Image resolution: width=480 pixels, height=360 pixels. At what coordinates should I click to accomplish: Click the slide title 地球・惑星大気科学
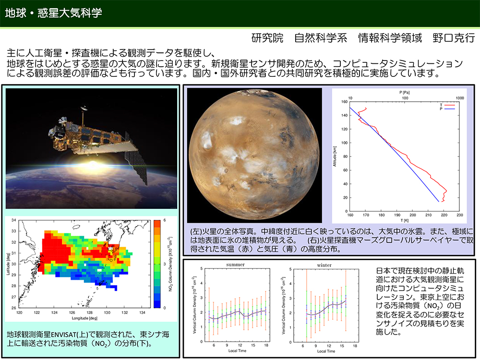[x=54, y=13]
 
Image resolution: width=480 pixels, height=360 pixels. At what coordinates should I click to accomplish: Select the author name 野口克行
[x=454, y=37]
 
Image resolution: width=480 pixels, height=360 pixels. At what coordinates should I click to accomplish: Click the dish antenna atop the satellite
[x=83, y=108]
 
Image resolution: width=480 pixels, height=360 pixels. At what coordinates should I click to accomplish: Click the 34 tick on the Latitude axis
[x=14, y=220]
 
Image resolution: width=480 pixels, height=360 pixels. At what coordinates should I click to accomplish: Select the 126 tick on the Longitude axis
[x=72, y=312]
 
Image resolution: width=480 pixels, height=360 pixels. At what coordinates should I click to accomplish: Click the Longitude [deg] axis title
[x=85, y=318]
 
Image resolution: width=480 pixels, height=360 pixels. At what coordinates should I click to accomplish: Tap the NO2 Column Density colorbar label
[x=170, y=264]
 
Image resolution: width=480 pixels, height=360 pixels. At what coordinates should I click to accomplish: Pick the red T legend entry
[x=447, y=105]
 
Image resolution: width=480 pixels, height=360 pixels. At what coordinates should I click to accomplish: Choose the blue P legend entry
[x=447, y=108]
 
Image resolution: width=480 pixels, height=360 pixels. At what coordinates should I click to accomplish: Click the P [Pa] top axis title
[x=404, y=92]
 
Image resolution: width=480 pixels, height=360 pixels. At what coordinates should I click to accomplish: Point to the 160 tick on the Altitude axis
[x=344, y=102]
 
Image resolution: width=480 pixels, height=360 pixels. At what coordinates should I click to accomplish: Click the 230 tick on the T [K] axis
[x=460, y=215]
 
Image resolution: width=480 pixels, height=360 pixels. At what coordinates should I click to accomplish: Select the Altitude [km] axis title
[x=335, y=156]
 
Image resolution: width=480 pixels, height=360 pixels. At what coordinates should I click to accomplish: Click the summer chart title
[x=235, y=264]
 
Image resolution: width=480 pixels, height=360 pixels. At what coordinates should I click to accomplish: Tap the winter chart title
[x=324, y=265]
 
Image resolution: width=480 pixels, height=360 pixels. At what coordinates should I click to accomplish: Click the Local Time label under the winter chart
[x=326, y=351]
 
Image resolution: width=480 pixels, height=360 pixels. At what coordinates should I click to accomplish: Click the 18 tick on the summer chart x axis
[x=266, y=345]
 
